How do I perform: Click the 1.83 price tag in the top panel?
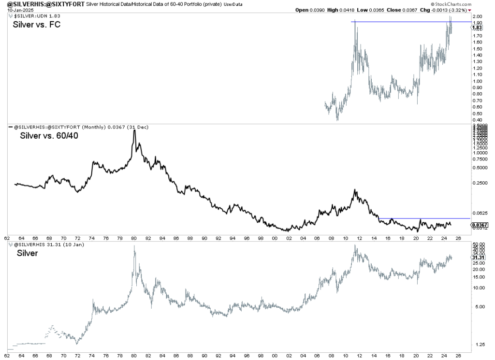[477, 28]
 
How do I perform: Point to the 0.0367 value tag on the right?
[478, 225]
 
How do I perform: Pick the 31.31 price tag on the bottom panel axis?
[477, 258]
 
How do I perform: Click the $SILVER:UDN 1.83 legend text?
[32, 17]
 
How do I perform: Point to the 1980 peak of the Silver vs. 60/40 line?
[134, 130]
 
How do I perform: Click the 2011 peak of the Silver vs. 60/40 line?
[355, 190]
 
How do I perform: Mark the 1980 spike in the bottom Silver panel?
[134, 246]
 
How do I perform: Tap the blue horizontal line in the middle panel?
[421, 218]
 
